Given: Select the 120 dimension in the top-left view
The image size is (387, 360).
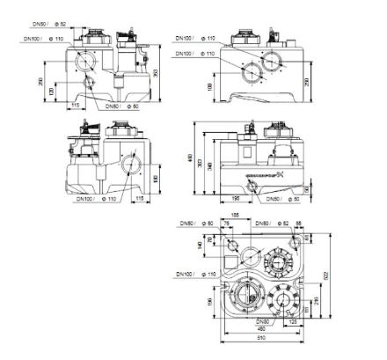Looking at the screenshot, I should (x=54, y=92).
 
